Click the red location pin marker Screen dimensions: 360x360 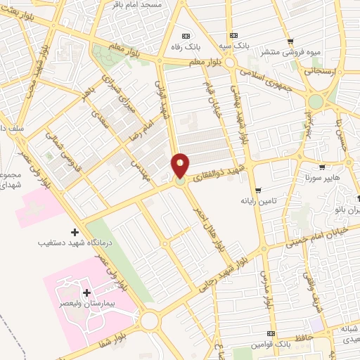click(x=180, y=166)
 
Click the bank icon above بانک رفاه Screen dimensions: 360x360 click(x=186, y=37)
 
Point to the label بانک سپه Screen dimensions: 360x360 click(x=233, y=46)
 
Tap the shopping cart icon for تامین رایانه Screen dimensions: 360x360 click(x=259, y=190)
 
